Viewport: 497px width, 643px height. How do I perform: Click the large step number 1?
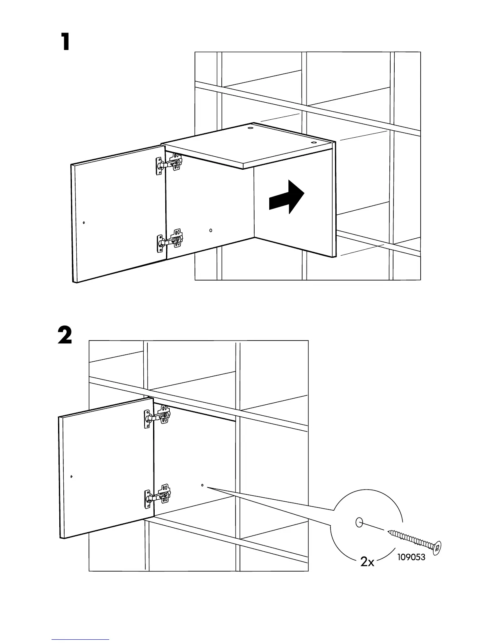(65, 42)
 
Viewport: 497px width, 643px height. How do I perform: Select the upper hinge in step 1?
(169, 164)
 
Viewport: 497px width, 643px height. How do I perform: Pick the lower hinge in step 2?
(158, 495)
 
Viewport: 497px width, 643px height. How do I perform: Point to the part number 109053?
(412, 557)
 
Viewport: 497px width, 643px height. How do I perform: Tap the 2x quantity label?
(367, 562)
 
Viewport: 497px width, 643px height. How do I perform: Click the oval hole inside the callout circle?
(359, 522)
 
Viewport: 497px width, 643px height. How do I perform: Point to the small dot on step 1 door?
(84, 222)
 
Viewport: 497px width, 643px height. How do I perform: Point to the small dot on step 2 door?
(71, 476)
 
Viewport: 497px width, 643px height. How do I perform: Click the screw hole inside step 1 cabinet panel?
(211, 231)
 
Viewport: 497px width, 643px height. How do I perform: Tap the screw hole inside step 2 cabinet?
(202, 485)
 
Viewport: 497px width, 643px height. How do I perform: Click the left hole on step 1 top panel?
(251, 129)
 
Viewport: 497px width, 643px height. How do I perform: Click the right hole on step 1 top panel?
(313, 143)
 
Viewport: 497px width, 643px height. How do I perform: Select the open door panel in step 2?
(106, 467)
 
